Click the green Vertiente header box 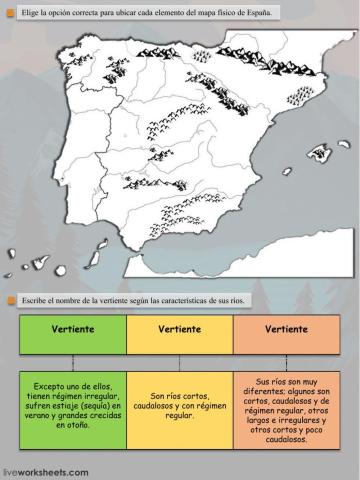click(72, 328)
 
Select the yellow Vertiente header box click(180, 328)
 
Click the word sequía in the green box click(95, 407)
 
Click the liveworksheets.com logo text click(46, 471)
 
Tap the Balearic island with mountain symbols click(320, 155)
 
